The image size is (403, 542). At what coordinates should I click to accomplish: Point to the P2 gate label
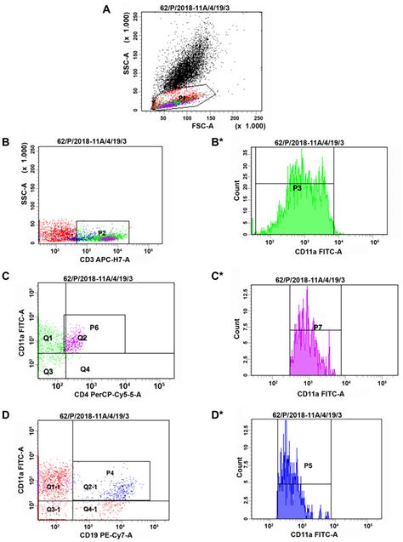pyautogui.click(x=102, y=231)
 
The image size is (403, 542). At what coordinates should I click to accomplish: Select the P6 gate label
pyautogui.click(x=94, y=327)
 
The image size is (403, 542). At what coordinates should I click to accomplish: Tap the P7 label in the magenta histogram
pyautogui.click(x=316, y=326)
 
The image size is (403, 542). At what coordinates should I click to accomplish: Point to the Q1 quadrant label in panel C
pyautogui.click(x=48, y=338)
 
